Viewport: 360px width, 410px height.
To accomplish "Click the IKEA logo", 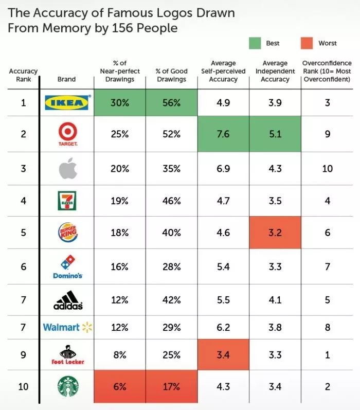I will coord(66,103).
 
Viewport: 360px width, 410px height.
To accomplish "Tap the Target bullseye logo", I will coord(66,132).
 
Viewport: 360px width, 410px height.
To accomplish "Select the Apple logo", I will coord(66,168).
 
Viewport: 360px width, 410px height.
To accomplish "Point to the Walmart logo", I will coord(66,327).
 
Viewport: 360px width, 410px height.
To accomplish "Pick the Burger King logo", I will coord(66,233).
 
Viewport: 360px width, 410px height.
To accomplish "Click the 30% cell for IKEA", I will coord(119,103).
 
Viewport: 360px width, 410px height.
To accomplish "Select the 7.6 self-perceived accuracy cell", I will coord(223,135).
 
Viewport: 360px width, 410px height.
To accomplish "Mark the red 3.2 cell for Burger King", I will coord(275,233).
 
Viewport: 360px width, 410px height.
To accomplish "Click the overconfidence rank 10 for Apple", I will coord(328,168).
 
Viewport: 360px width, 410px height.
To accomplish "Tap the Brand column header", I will coord(66,79).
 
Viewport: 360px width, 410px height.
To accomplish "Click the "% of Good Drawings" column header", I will coord(171,75).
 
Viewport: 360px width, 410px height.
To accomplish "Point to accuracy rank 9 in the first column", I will coord(23,355).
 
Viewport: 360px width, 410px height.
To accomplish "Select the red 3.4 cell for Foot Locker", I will coord(223,355).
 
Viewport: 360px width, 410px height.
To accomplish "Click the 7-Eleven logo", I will coord(66,201).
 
